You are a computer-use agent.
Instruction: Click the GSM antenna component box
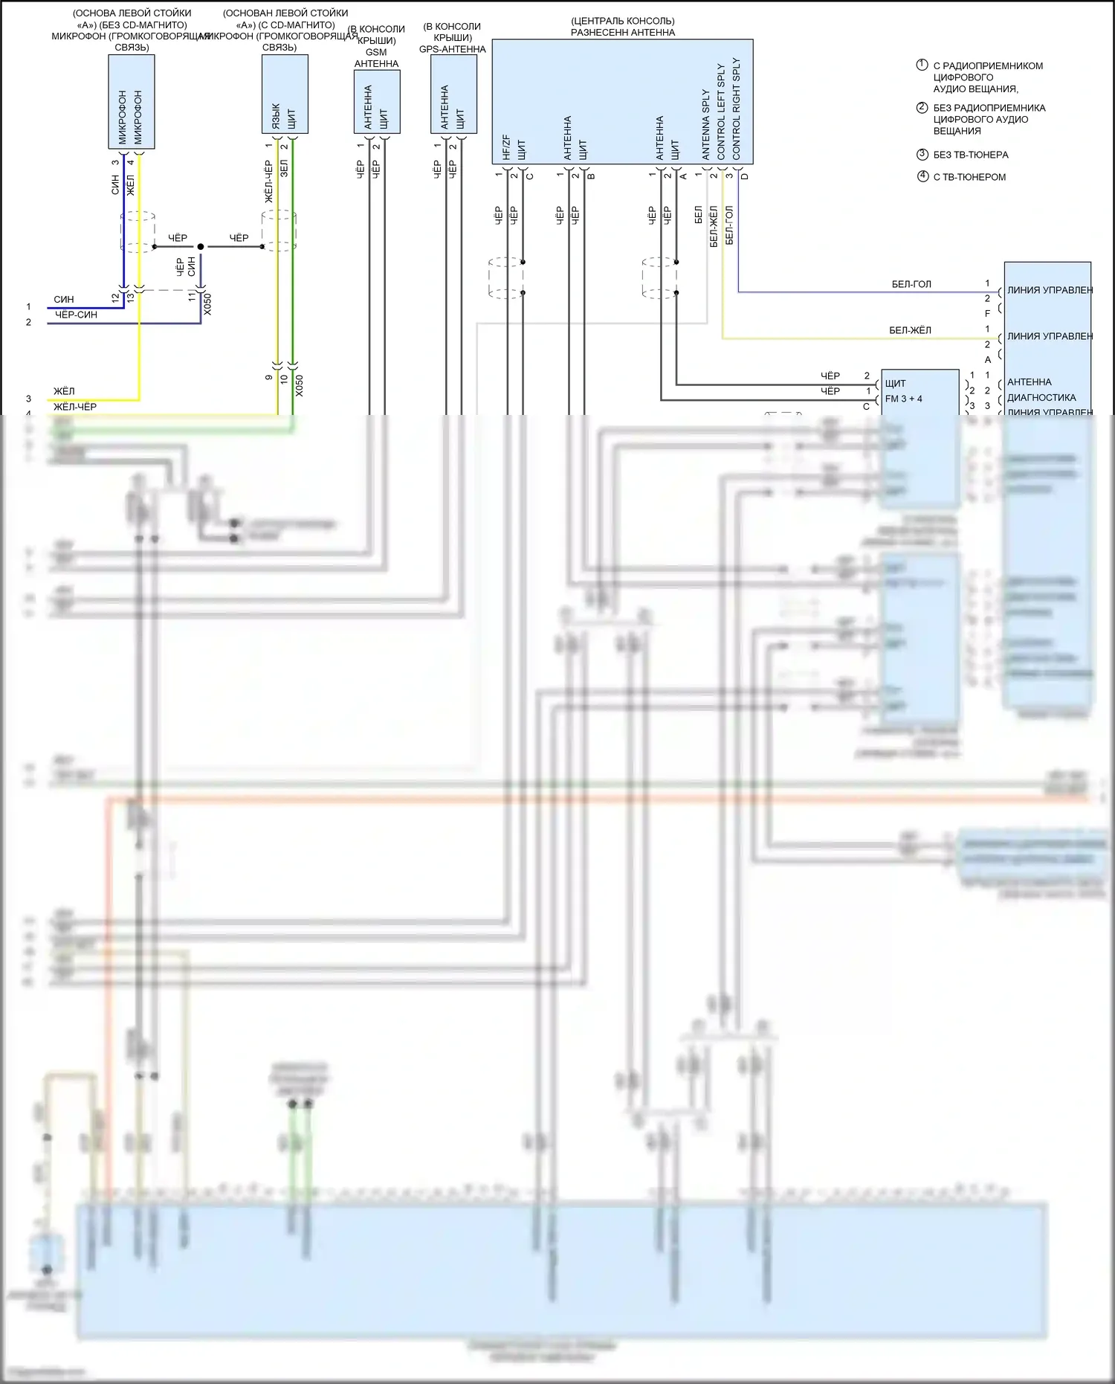click(377, 101)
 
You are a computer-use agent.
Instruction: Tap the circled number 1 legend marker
click(922, 65)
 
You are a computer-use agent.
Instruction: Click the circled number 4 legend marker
click(922, 177)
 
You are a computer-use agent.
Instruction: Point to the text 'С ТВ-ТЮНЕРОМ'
click(969, 177)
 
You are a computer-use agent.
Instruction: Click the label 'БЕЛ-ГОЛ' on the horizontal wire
click(911, 284)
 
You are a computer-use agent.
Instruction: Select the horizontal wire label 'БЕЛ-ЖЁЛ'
click(910, 330)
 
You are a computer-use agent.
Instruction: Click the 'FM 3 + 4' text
click(903, 399)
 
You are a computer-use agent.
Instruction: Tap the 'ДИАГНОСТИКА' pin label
click(1041, 397)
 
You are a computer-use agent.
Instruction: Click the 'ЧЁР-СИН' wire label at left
click(76, 315)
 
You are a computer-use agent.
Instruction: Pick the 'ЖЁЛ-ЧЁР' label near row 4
click(74, 407)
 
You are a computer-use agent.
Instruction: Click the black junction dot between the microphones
click(201, 246)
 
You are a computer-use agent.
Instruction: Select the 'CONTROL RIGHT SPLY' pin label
click(736, 108)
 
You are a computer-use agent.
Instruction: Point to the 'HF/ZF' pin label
click(506, 147)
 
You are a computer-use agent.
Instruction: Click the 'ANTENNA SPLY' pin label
click(705, 124)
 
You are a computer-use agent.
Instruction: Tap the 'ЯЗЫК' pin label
click(276, 115)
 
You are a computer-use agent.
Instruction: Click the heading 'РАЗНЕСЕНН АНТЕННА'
click(622, 32)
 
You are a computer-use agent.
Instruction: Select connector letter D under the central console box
click(745, 176)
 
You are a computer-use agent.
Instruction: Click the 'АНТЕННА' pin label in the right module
click(1029, 382)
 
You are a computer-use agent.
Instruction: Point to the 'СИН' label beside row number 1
click(64, 300)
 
